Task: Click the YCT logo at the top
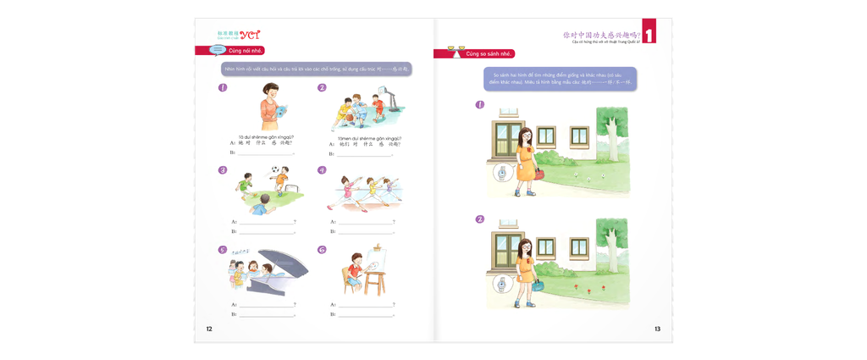250,35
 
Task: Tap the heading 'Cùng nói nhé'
245,51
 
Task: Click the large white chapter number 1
649,36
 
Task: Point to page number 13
658,328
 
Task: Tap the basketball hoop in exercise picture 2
378,101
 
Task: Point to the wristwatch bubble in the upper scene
502,174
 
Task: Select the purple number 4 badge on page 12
322,169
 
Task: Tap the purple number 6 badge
322,250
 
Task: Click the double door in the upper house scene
509,144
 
